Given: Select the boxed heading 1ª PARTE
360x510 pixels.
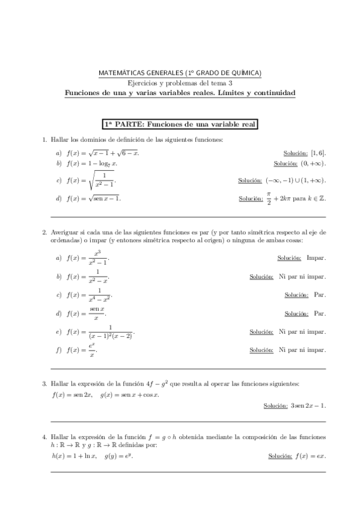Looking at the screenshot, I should (x=180, y=124).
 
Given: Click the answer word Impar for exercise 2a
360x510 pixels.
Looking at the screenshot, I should (x=316, y=258).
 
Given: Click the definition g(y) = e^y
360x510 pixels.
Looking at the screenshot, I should (x=119, y=456).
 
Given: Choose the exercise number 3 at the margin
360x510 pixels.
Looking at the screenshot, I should (x=44, y=383).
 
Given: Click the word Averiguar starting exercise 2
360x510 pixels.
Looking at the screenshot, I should (x=64, y=232).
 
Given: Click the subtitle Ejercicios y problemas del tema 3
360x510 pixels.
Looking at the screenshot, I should (x=180, y=83).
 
